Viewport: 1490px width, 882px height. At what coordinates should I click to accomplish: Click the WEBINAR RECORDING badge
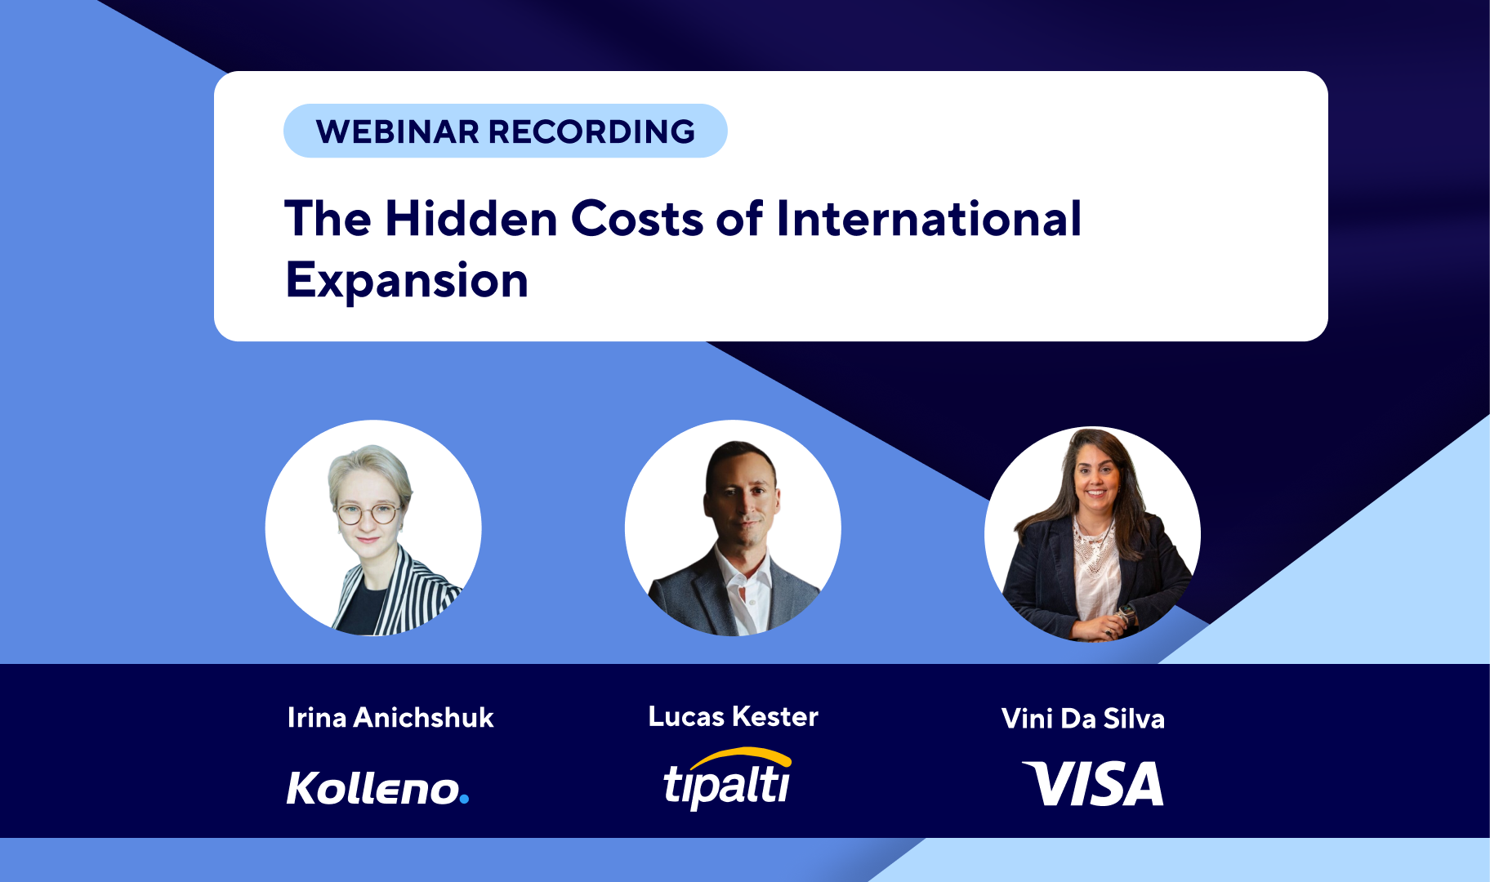(505, 131)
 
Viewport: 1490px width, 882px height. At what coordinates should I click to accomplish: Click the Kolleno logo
(377, 788)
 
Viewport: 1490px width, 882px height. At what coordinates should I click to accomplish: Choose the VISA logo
(1093, 783)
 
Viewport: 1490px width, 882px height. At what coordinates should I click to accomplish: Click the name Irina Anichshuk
(390, 718)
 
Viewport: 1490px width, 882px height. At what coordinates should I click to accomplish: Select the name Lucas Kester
(733, 716)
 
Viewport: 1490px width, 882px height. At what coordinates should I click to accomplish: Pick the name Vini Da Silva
(1083, 719)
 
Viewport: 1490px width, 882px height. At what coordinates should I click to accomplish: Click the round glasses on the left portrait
(368, 514)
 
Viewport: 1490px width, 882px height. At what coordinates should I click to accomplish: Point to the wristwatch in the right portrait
(1128, 612)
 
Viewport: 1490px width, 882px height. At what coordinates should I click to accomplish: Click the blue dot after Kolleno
(464, 799)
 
